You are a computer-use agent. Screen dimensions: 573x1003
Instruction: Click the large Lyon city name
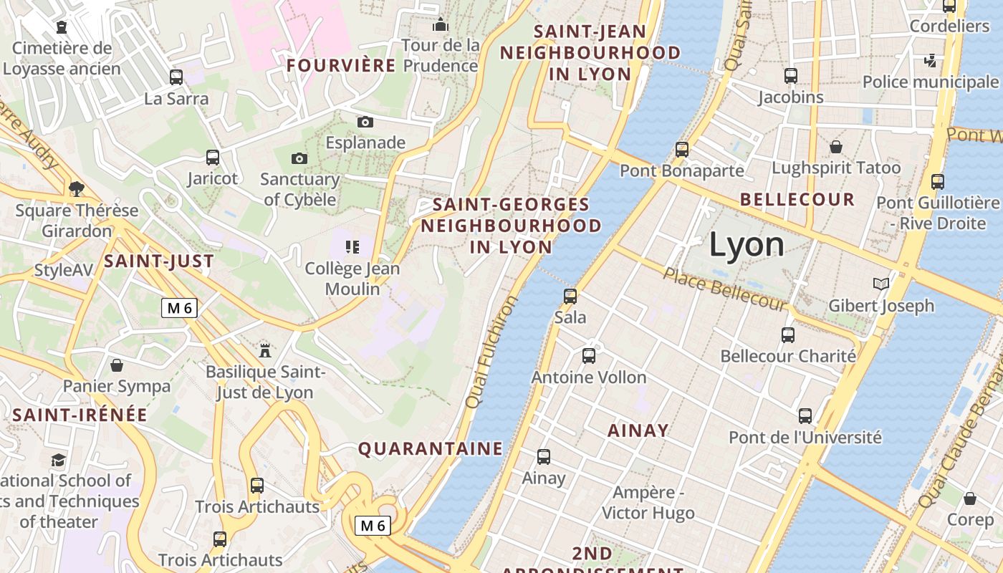[747, 245]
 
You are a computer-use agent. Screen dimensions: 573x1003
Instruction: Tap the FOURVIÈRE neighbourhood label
[341, 66]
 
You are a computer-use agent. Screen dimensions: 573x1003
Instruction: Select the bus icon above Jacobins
[791, 75]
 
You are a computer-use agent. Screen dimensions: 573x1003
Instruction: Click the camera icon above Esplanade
[365, 122]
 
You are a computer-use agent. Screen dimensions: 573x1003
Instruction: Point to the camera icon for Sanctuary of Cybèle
[299, 158]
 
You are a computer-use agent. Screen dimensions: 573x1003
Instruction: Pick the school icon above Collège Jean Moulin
[352, 247]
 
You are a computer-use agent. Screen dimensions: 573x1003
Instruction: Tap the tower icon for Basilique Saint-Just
[265, 350]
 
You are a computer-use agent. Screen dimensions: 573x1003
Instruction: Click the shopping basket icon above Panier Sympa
[117, 365]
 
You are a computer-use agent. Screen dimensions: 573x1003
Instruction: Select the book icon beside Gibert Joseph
[881, 284]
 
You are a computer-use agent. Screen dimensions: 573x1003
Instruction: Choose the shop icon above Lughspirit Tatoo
[835, 147]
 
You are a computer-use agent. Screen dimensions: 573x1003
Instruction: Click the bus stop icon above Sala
[570, 296]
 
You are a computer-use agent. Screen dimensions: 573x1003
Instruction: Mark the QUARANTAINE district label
[431, 449]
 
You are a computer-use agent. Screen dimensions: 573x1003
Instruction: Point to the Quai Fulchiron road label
[491, 352]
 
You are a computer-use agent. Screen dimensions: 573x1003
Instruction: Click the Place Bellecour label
[724, 289]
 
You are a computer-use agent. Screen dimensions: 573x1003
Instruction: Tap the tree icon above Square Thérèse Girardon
[77, 189]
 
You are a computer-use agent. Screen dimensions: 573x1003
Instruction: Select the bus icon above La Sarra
[176, 77]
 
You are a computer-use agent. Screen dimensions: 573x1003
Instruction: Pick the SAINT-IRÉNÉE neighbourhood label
[80, 415]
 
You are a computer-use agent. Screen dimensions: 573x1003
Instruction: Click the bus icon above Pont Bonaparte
[682, 149]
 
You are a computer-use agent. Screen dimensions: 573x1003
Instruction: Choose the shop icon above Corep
[970, 498]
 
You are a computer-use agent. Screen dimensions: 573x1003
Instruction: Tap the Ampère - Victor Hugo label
[648, 503]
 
